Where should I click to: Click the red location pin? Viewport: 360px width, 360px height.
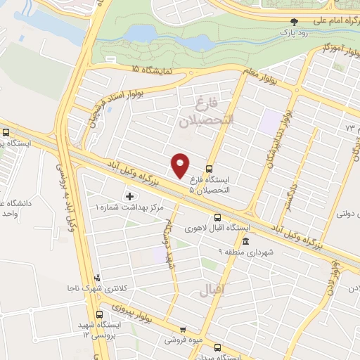[x=181, y=165]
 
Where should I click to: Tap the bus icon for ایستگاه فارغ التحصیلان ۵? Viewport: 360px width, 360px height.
[x=209, y=169]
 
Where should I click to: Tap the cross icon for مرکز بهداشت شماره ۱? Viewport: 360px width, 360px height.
[x=129, y=195]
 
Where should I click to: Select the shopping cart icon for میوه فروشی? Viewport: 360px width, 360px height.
[x=183, y=329]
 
